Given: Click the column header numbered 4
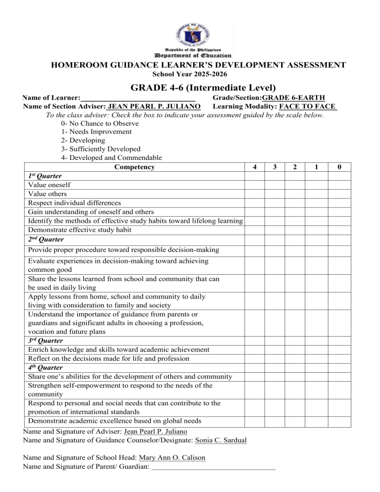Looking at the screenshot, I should (254, 167).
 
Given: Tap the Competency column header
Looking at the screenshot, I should (134, 167).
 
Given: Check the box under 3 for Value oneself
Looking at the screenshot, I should (275, 185).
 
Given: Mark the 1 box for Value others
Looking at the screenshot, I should (315, 194).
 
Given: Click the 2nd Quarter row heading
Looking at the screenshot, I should (45, 239).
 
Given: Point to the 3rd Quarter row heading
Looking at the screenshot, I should (45, 341).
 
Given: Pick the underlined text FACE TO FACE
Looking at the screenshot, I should (308, 106).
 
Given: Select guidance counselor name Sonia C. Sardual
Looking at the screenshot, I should (222, 440).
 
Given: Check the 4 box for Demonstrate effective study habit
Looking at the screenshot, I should (254, 230).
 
